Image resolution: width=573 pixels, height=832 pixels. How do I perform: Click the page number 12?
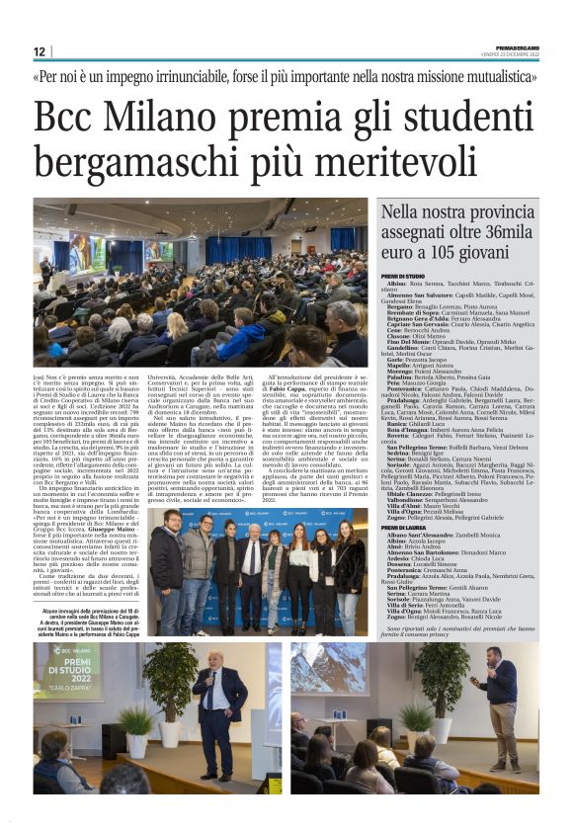[40, 51]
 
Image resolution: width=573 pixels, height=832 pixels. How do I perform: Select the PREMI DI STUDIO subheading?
[403, 276]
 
